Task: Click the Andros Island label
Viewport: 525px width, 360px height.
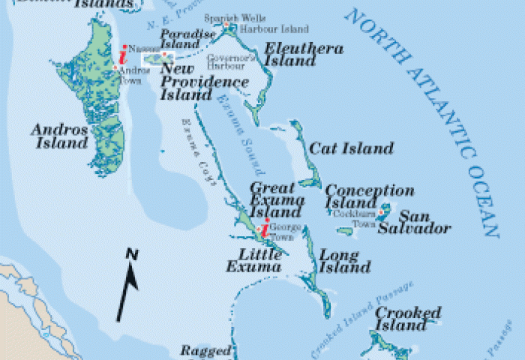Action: click(x=59, y=136)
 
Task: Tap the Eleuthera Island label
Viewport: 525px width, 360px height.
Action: click(x=304, y=55)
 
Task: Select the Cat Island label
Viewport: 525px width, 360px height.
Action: click(x=351, y=148)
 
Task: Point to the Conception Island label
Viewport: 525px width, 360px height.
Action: click(x=369, y=196)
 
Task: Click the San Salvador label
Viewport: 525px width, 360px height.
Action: click(x=424, y=223)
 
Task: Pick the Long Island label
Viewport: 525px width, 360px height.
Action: click(x=345, y=261)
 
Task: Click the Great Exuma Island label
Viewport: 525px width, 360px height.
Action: click(x=277, y=200)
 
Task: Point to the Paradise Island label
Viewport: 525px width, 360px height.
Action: click(x=180, y=40)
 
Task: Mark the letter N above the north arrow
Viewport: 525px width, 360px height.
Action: click(x=131, y=255)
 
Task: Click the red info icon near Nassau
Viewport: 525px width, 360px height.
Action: click(x=122, y=56)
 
